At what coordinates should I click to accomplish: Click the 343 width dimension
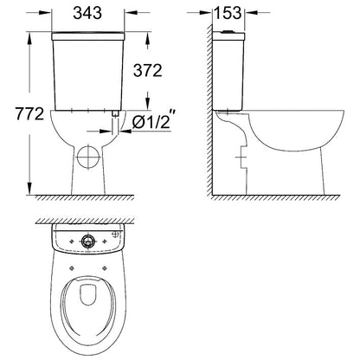pyautogui.click(x=87, y=13)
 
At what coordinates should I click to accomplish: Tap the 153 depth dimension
pyautogui.click(x=228, y=13)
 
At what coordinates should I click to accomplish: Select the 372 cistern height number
pyautogui.click(x=148, y=70)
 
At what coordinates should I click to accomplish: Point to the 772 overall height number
pyautogui.click(x=29, y=113)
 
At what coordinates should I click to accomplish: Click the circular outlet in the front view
pyautogui.click(x=88, y=157)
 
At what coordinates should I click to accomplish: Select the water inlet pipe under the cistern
pyautogui.click(x=115, y=122)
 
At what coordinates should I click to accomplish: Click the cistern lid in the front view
pyautogui.click(x=88, y=36)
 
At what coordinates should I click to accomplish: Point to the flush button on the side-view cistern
pyautogui.click(x=228, y=31)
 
